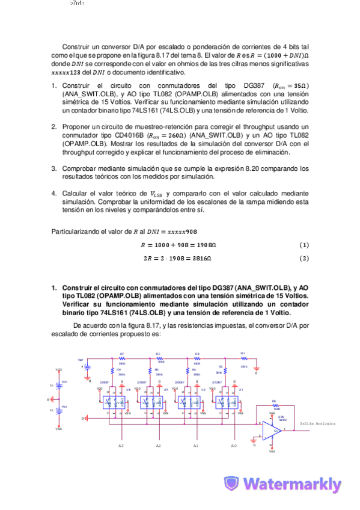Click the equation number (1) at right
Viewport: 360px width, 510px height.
pyautogui.click(x=304, y=245)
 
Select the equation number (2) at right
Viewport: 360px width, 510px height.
pyautogui.click(x=304, y=259)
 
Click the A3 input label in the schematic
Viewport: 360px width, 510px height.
pyautogui.click(x=121, y=446)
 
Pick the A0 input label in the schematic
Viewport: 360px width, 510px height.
pyautogui.click(x=233, y=446)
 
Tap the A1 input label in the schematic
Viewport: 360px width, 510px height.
pyautogui.click(x=196, y=446)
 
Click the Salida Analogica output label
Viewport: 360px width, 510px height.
pyautogui.click(x=318, y=424)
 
